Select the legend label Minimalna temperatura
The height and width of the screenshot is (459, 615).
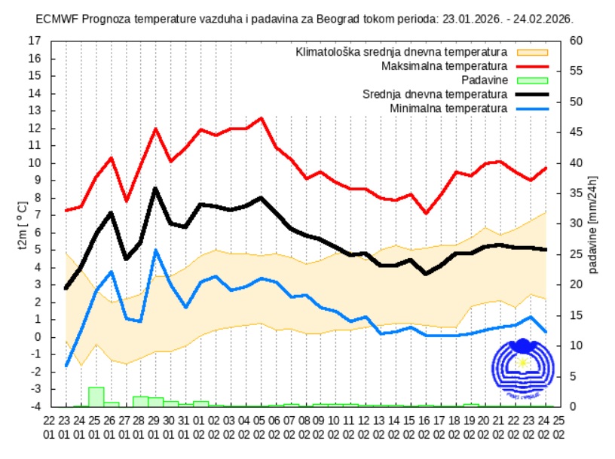(x=448, y=108)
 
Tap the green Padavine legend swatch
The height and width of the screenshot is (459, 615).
(x=532, y=81)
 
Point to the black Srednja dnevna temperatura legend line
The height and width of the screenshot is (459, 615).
(x=532, y=95)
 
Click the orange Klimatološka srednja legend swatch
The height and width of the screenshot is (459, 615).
(x=532, y=53)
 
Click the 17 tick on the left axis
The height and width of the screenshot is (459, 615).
(x=35, y=41)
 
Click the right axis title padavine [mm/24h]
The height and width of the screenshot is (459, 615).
(x=593, y=223)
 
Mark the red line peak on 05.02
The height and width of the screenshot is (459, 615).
(x=261, y=118)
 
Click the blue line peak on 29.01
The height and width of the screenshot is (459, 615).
(x=155, y=251)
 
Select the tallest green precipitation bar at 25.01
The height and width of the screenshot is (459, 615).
(x=96, y=396)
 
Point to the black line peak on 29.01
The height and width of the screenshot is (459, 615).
(x=155, y=188)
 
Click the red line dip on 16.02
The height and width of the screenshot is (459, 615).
(x=427, y=213)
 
